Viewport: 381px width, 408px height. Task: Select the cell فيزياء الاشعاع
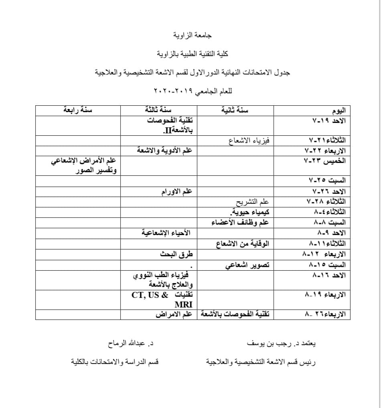tap(249, 140)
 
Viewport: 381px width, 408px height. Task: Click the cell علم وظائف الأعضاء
tap(240, 222)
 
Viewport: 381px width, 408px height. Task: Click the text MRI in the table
tap(184, 304)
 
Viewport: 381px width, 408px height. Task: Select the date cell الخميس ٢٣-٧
tap(326, 161)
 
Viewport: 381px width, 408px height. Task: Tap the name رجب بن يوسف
tap(271, 344)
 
